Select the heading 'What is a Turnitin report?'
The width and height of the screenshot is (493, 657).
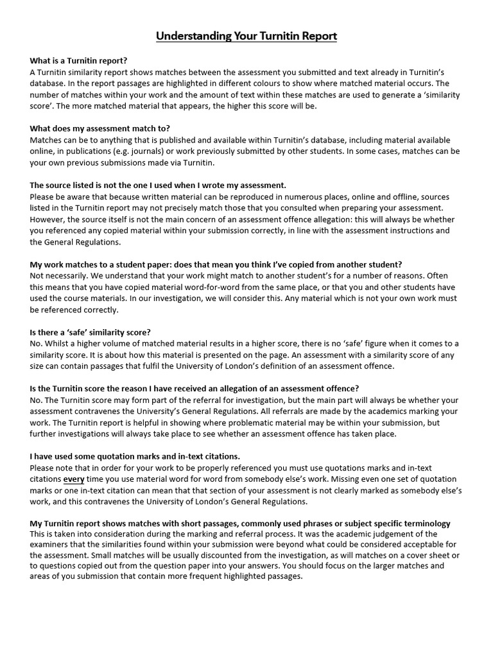tap(78, 60)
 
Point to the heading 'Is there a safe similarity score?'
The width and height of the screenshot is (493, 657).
tap(91, 332)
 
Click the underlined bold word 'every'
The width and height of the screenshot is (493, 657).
tap(74, 479)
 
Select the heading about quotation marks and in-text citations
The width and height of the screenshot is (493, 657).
tap(135, 456)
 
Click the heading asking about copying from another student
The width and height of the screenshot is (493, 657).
tap(216, 264)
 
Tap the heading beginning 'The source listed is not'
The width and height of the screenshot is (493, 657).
tap(158, 185)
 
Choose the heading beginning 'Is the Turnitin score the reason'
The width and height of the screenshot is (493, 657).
tap(195, 388)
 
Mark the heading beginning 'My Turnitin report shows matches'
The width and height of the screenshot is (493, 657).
tap(240, 524)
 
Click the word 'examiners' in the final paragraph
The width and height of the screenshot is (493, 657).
tap(53, 545)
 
